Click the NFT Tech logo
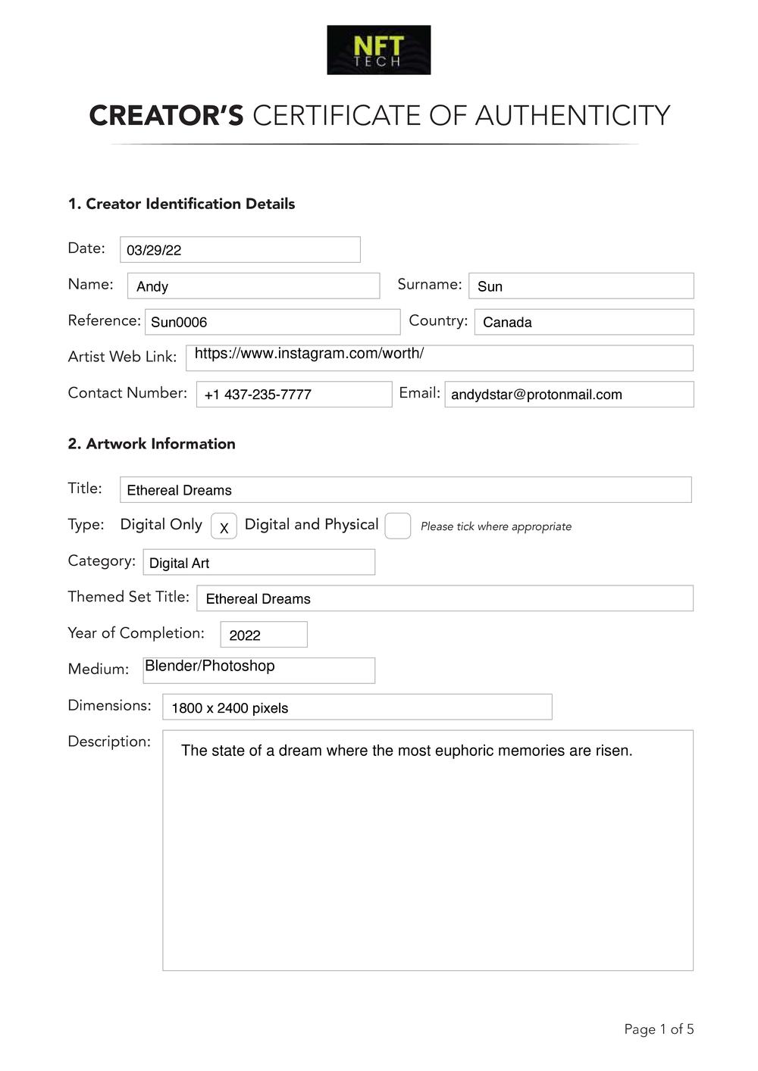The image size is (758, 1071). (x=378, y=50)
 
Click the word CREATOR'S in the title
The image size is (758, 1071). (x=166, y=116)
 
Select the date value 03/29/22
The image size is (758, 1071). (x=154, y=251)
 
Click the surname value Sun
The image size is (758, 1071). (x=490, y=286)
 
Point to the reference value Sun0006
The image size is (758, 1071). (x=179, y=323)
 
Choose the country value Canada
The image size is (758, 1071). (x=507, y=323)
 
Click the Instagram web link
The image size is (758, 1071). (x=309, y=354)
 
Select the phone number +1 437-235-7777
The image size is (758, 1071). (x=258, y=395)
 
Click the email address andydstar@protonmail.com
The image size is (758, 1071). (x=536, y=395)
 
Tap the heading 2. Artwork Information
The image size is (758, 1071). (x=152, y=444)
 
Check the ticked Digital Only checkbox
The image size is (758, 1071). (x=224, y=526)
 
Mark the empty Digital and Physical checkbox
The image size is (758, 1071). (x=398, y=526)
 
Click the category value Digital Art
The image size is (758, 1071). (x=179, y=564)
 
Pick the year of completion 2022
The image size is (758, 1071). (x=245, y=635)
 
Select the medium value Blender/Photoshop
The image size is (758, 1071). (x=210, y=667)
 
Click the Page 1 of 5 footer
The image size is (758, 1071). (x=659, y=1029)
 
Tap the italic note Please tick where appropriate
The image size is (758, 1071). (x=496, y=527)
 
